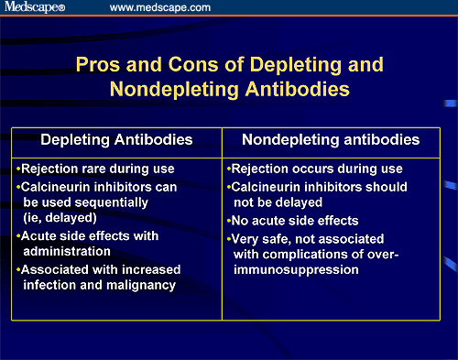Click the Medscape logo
(35, 6)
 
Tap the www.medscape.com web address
(160, 7)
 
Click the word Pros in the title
(98, 65)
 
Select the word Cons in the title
(193, 64)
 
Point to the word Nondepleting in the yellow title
(174, 90)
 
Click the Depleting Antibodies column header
(116, 140)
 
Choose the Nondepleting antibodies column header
(331, 140)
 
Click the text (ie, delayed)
(60, 218)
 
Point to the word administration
(67, 251)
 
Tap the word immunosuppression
(296, 270)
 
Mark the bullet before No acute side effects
(229, 221)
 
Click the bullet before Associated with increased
(18, 269)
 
